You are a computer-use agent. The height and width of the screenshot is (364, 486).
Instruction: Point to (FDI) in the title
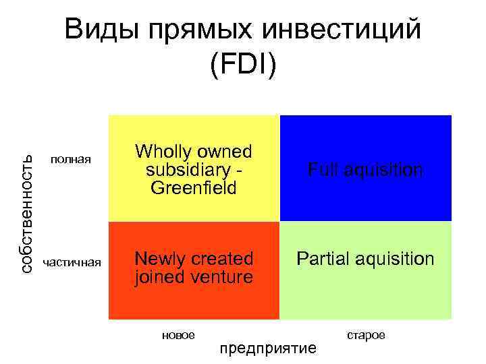coord(243,65)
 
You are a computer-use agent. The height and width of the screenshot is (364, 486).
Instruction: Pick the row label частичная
coord(72,262)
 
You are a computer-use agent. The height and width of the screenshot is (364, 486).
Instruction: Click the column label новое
coord(178,335)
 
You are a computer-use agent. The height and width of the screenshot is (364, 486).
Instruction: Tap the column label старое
coord(366,335)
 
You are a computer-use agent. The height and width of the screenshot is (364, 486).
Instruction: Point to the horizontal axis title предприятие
coord(268,348)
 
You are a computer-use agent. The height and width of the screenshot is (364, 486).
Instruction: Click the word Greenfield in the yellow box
coord(194,187)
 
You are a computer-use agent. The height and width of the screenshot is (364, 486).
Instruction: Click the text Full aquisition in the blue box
coord(365,170)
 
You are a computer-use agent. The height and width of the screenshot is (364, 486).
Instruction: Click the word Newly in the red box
coord(159,259)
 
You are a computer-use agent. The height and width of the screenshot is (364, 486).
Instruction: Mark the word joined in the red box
coord(159,277)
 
